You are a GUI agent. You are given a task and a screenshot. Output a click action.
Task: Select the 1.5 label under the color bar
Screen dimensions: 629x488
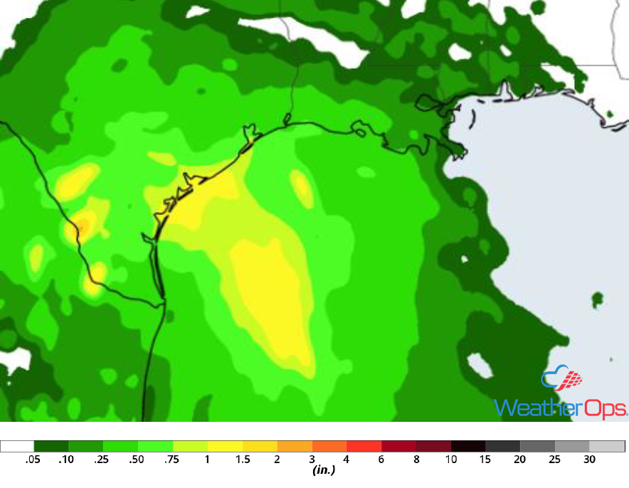tap(243, 460)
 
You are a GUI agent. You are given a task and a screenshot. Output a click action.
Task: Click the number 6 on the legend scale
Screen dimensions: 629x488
tap(381, 460)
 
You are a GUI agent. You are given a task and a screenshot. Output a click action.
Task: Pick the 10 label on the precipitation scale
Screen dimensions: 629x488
tap(451, 460)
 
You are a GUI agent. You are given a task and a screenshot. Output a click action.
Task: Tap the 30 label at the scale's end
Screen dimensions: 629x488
tap(590, 460)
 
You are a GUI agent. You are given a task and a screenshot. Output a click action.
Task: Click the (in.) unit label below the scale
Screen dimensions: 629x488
tap(324, 470)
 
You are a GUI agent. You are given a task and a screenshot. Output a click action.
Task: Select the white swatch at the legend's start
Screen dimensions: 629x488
tap(17, 446)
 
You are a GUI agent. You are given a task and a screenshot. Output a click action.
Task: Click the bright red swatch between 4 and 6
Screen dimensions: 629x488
tap(364, 446)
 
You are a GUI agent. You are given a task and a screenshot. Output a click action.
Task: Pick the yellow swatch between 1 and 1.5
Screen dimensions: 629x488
tap(225, 446)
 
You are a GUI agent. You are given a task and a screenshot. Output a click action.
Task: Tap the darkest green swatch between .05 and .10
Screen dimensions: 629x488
tap(51, 446)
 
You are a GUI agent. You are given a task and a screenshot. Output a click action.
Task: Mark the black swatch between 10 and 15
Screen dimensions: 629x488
tap(468, 446)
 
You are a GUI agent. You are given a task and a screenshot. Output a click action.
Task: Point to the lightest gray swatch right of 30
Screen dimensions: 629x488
tap(607, 446)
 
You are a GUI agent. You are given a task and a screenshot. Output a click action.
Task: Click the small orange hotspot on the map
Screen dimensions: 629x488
tap(82, 228)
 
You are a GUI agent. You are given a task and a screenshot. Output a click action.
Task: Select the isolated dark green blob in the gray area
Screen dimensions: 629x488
tap(597, 299)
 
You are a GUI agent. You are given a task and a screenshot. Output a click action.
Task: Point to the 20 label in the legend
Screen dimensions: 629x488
tap(520, 460)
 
